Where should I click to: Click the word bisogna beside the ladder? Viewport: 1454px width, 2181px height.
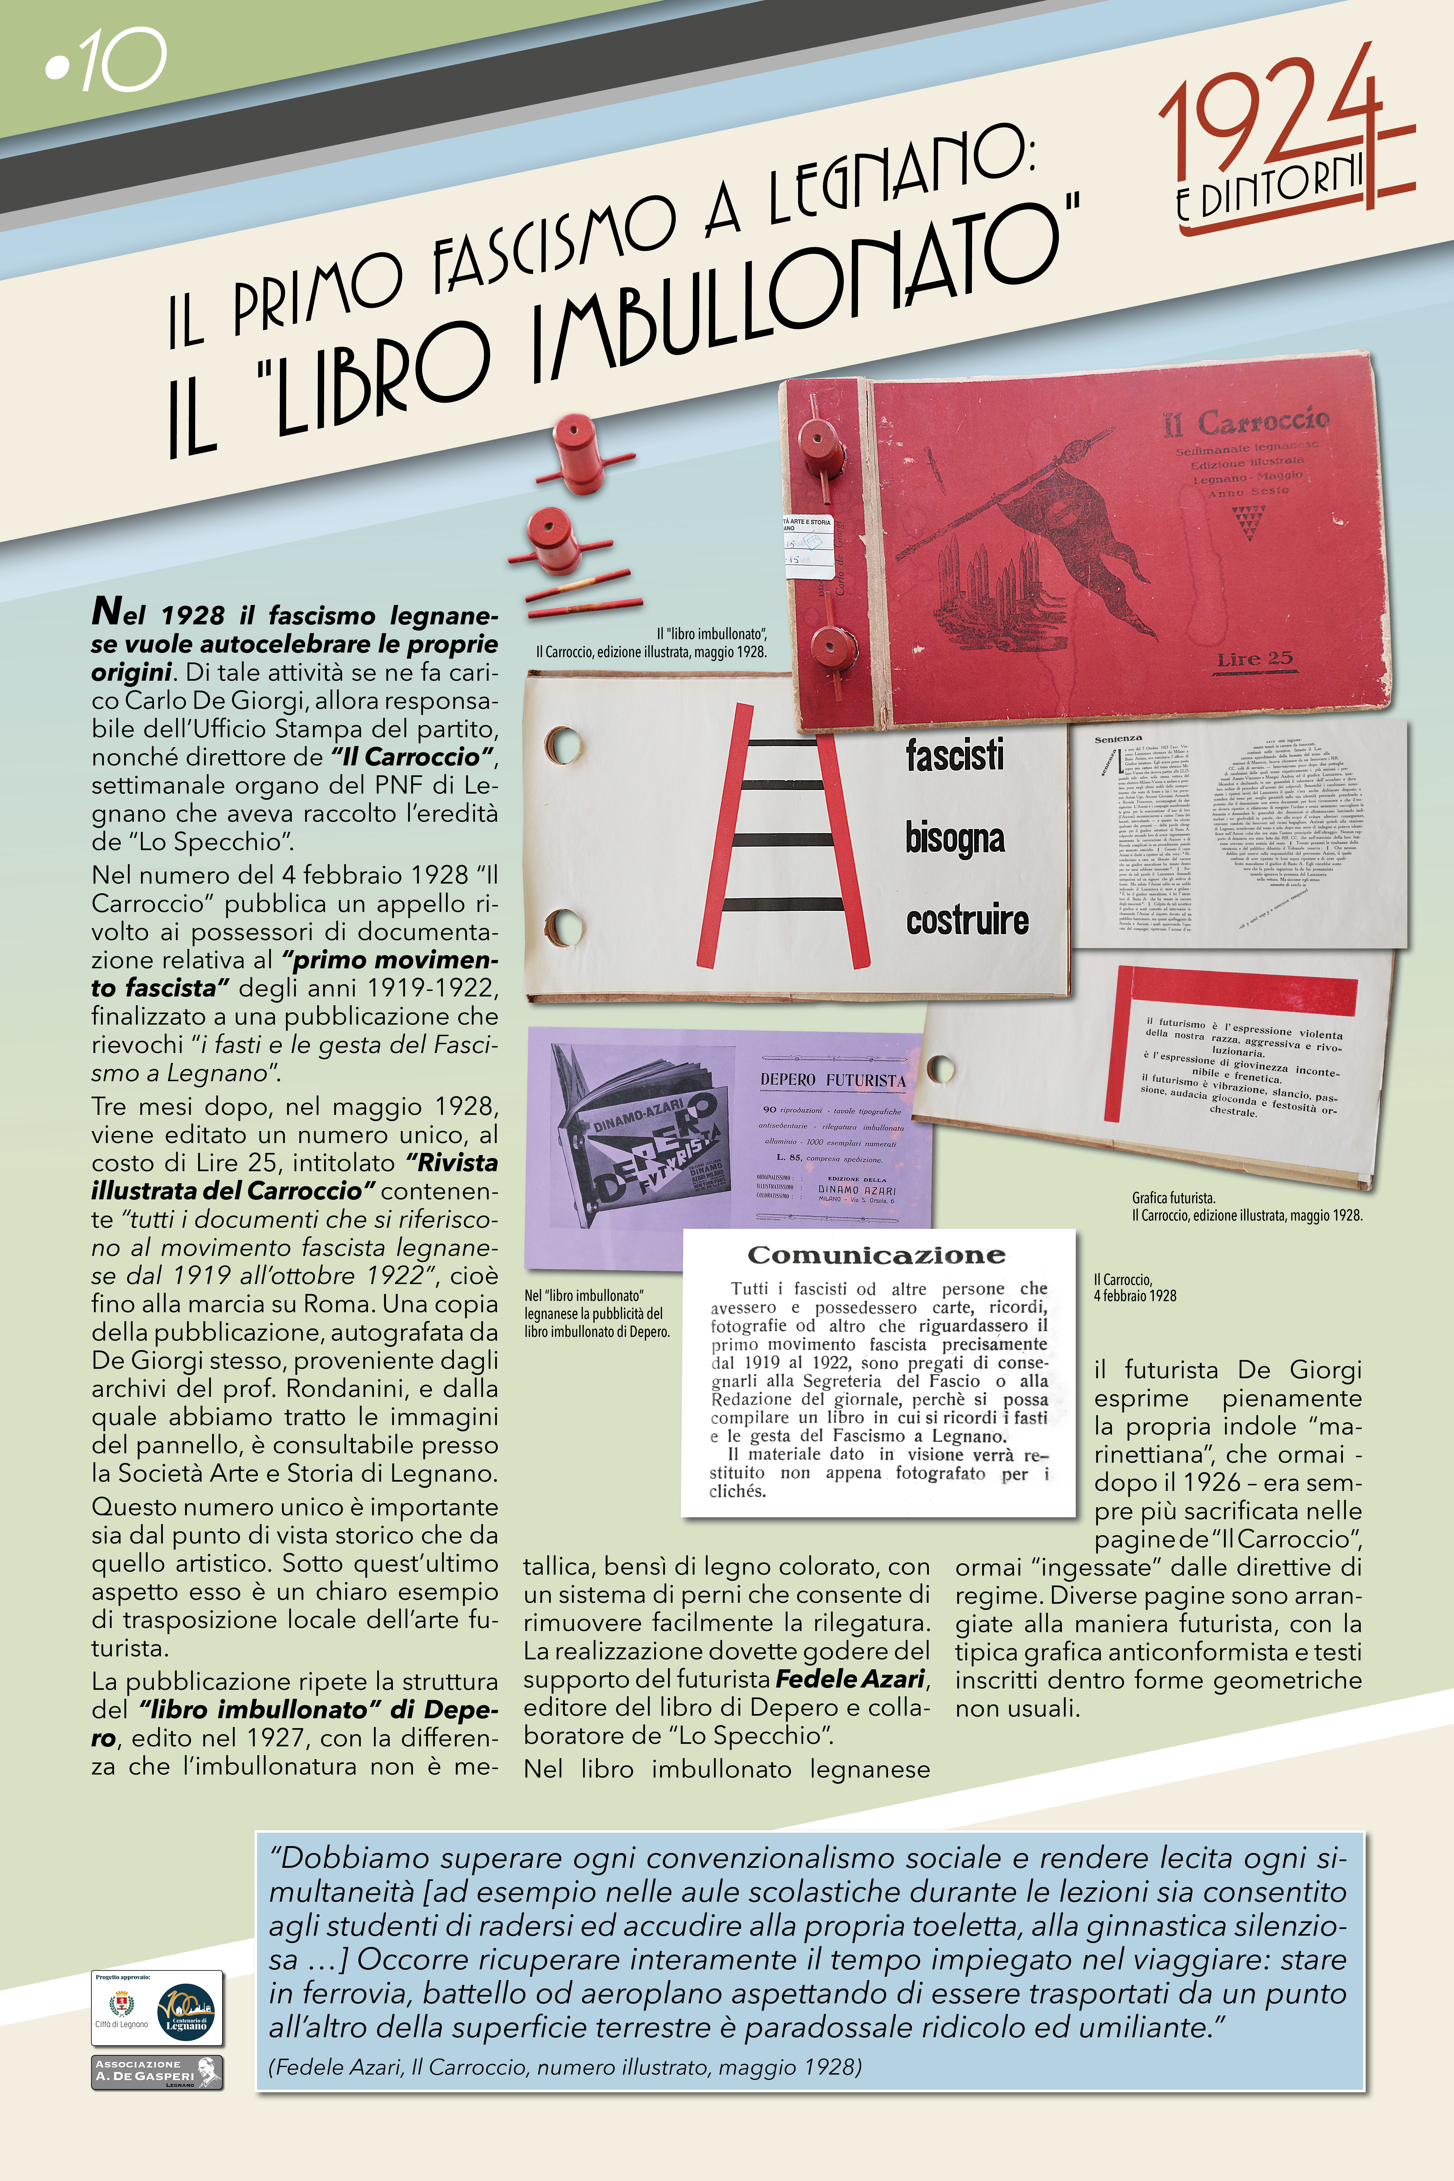click(x=955, y=837)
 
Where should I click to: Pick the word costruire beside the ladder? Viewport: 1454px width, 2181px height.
click(x=967, y=920)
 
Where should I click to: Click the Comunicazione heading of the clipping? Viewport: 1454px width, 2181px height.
click(x=876, y=1256)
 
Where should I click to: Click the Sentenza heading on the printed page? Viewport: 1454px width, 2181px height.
click(x=1117, y=739)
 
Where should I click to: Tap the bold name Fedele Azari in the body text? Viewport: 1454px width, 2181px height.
click(x=850, y=1679)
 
